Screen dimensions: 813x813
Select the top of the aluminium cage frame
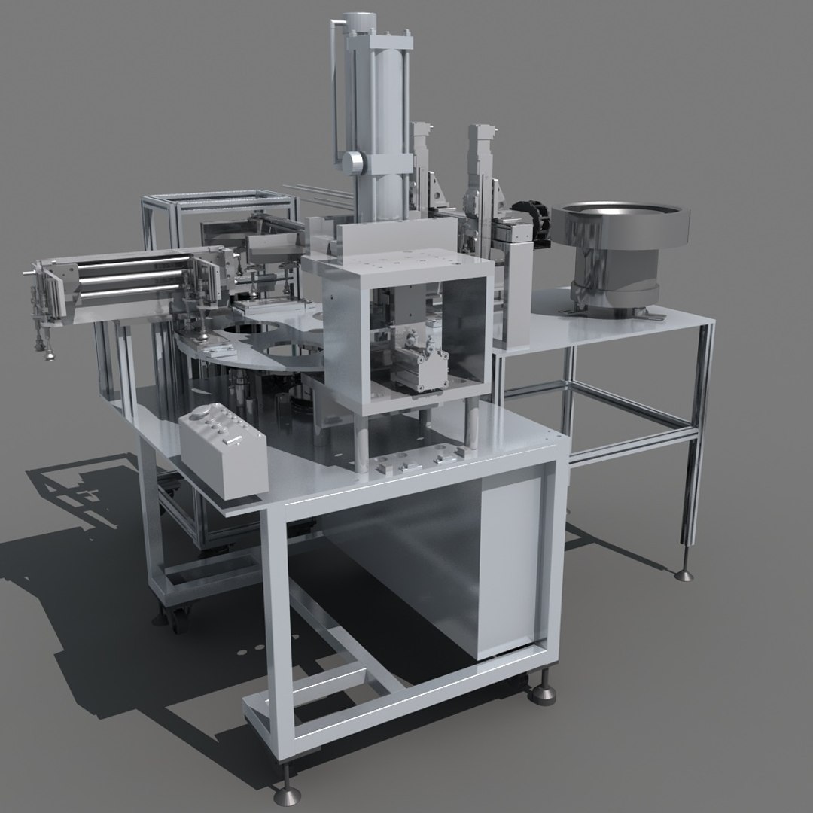218,198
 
